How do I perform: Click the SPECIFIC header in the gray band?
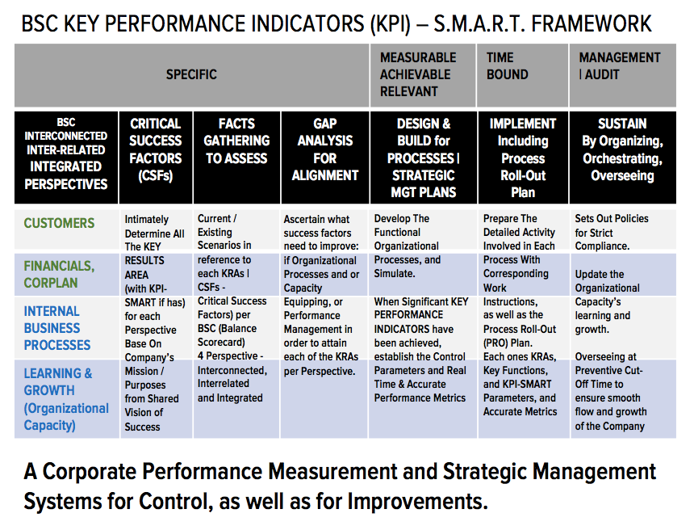(x=191, y=74)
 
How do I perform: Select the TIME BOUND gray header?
(x=508, y=66)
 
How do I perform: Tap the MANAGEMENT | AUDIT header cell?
(x=619, y=66)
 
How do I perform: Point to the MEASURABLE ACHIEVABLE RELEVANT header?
(x=418, y=74)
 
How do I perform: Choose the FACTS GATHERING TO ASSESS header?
(x=236, y=141)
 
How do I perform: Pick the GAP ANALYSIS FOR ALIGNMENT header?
(x=325, y=149)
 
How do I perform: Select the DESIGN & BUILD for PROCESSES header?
(x=424, y=158)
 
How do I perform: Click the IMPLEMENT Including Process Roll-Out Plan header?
(x=523, y=158)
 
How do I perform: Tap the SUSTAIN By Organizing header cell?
(x=622, y=149)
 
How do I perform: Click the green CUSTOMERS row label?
(x=59, y=223)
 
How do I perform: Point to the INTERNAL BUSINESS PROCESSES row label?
(x=57, y=328)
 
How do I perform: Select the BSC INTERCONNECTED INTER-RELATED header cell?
(x=65, y=158)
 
